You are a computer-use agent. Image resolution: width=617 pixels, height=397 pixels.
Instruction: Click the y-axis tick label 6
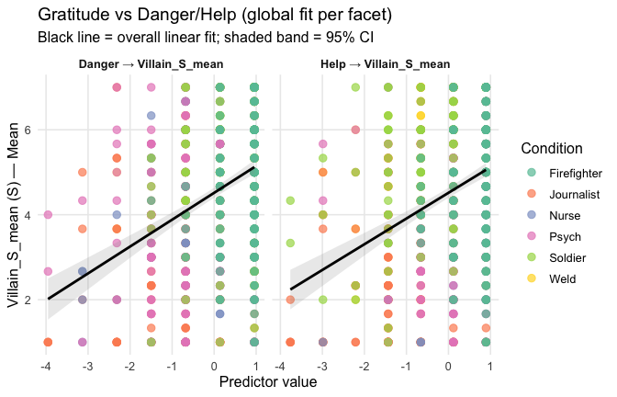[x=28, y=130]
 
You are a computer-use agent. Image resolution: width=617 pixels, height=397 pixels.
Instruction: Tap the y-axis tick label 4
[x=28, y=215]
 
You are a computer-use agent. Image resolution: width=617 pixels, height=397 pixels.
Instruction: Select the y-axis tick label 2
[x=28, y=300]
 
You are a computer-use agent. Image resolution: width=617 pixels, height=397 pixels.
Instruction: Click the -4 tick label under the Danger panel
[x=46, y=367]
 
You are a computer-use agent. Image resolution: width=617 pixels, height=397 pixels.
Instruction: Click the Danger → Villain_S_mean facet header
[x=151, y=64]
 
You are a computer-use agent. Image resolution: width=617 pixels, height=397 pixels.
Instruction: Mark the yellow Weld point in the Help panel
[x=421, y=115]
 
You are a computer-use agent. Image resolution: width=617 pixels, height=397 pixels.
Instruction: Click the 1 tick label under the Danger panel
[x=255, y=367]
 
